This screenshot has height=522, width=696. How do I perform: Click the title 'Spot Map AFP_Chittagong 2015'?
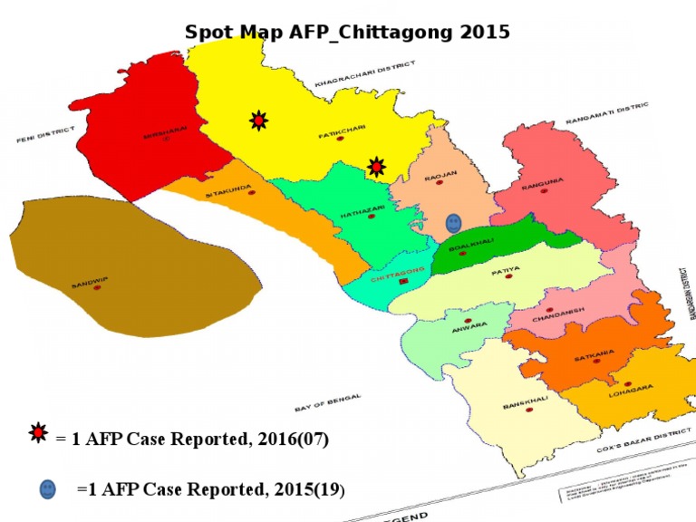tap(347, 32)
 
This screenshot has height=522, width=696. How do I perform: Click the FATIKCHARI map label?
tap(341, 131)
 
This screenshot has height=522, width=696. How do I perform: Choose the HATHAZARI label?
tap(362, 209)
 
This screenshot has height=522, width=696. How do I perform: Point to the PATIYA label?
tap(505, 269)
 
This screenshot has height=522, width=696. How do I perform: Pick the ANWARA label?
tap(469, 324)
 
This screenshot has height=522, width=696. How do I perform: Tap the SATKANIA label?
tap(594, 356)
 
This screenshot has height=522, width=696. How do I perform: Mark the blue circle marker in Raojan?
tap(453, 222)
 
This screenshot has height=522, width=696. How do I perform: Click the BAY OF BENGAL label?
tap(328, 402)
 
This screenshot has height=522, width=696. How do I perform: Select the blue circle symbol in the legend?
tap(47, 489)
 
